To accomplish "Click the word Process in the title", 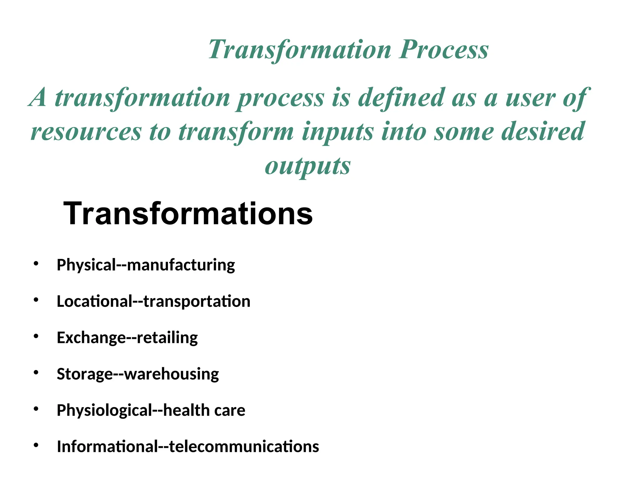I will [444, 50].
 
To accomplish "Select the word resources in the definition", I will [86, 132].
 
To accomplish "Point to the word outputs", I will [307, 166].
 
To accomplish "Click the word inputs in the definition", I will [338, 132].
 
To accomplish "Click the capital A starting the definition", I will [38, 98].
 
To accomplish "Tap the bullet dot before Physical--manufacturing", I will [36, 264].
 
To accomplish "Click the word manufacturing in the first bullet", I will [181, 265].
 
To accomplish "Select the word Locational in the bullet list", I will [95, 302].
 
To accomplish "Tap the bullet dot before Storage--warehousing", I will [36, 372].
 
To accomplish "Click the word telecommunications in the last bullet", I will [244, 447].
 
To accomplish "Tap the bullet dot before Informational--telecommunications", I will [36, 445].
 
